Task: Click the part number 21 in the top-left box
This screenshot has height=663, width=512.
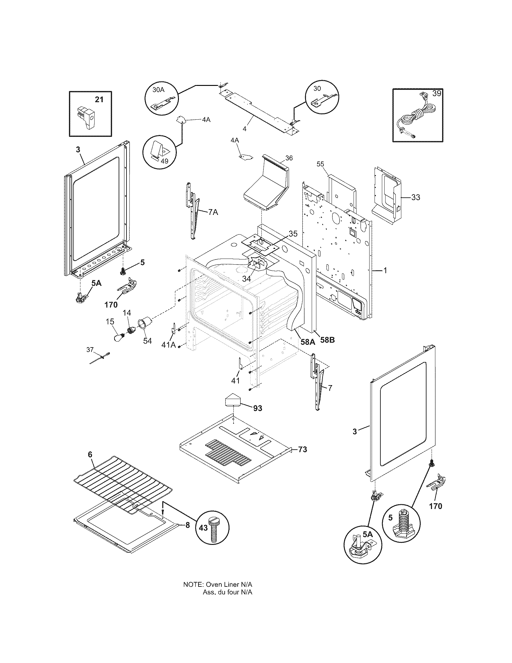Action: pos(99,99)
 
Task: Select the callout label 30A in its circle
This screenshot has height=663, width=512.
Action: pos(158,90)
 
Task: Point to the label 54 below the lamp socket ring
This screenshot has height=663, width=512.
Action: pos(147,341)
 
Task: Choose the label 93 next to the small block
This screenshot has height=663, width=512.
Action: pos(258,408)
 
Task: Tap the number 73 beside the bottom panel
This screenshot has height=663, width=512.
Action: pos(302,458)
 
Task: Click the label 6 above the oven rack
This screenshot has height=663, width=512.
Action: pos(90,463)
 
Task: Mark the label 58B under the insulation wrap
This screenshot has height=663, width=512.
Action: pos(327,340)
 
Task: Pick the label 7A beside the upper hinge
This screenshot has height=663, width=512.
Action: pos(213,212)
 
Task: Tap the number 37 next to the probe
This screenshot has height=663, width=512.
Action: pos(90,350)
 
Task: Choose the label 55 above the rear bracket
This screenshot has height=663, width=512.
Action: pos(320,164)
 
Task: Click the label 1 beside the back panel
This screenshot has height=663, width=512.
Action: pos(385,270)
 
